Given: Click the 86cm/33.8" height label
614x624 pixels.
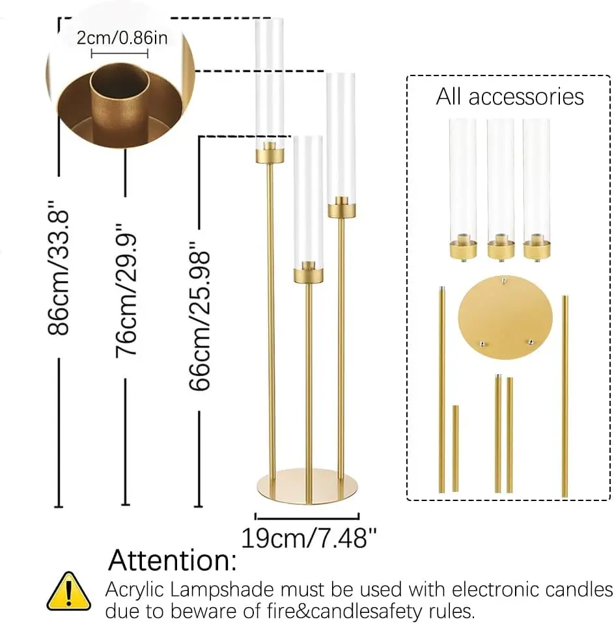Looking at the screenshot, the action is (x=59, y=267).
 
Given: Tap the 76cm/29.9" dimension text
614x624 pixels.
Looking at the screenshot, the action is (x=126, y=290).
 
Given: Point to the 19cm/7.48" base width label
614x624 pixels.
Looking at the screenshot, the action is (x=309, y=538).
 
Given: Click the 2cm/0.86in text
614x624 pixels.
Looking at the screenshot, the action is (x=122, y=38).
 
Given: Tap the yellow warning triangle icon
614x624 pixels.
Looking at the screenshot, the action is (x=69, y=591).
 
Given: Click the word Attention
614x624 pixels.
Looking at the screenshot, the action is (x=173, y=560).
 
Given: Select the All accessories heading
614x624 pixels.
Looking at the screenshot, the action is (x=510, y=97).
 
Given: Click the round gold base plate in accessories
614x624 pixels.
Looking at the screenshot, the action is (x=505, y=317).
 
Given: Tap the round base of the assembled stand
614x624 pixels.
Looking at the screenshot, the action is (x=307, y=486).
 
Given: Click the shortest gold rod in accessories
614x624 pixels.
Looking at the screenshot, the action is (x=456, y=448).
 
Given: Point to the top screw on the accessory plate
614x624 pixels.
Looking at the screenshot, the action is (x=504, y=281).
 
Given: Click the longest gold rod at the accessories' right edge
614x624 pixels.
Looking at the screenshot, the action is (x=565, y=396).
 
